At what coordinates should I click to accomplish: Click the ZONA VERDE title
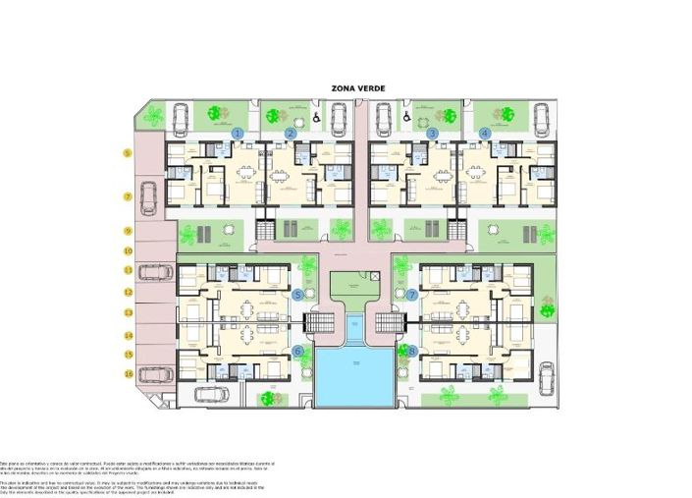click(x=358, y=88)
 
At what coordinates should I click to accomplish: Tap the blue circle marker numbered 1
click(x=238, y=133)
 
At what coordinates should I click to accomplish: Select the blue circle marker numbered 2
click(x=291, y=133)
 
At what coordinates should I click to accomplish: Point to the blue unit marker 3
click(x=432, y=133)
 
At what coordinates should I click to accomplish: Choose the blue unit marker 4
click(x=485, y=133)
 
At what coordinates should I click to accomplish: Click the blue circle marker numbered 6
click(x=298, y=351)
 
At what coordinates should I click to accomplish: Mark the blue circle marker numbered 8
click(x=412, y=351)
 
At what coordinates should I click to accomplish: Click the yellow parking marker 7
click(x=128, y=196)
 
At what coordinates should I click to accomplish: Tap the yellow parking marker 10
click(x=128, y=251)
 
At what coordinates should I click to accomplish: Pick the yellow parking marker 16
click(x=128, y=373)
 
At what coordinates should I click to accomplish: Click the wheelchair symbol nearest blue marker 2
click(x=317, y=117)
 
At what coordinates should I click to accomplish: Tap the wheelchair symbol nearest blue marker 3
click(x=406, y=117)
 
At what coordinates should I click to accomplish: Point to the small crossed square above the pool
click(x=375, y=278)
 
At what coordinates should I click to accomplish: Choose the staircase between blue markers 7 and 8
click(x=392, y=323)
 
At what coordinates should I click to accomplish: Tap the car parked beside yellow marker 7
click(x=149, y=197)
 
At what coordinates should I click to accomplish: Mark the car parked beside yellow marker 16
click(x=150, y=374)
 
